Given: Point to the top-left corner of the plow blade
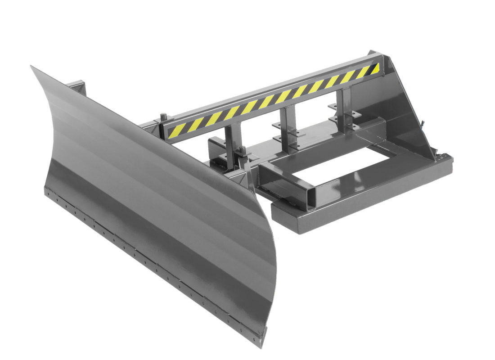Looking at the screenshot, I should [31, 67].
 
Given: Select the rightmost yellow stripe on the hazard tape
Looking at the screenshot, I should [374, 69].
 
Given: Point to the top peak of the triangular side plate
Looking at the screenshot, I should [377, 53].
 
